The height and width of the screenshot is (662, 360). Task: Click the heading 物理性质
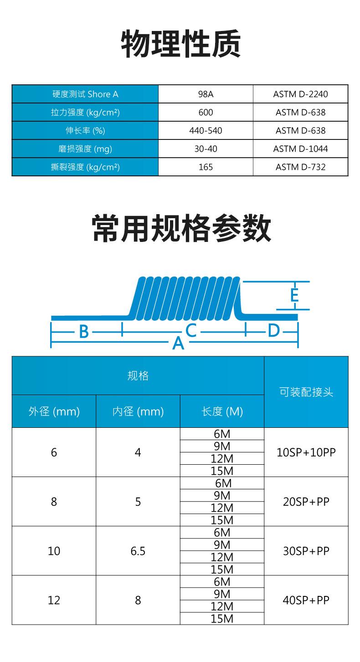coord(180,44)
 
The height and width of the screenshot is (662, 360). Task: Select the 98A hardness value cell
coord(206,94)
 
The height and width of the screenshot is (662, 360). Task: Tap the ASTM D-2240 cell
coord(300,94)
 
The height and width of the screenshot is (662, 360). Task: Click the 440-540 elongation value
coord(206,131)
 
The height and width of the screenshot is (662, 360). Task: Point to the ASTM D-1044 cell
coord(300,149)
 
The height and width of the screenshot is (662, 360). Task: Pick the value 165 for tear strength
coord(206,167)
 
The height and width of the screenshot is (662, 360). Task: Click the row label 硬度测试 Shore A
coord(85,94)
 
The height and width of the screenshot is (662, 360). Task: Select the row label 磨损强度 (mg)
coord(85,149)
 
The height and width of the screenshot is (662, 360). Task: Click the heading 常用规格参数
coord(181,229)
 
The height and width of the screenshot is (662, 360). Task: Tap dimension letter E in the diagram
coord(294,295)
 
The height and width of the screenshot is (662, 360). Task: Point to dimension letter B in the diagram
coord(84,332)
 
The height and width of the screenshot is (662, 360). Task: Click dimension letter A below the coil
coord(178,343)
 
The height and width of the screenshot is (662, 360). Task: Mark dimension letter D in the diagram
coord(273,330)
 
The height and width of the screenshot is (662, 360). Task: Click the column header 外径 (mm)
coord(54,411)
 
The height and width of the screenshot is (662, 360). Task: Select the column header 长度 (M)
coord(222,411)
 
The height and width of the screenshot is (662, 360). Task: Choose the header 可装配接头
coord(306,392)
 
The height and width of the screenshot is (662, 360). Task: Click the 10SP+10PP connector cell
coord(306,452)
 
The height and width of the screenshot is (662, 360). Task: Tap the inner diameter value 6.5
coord(138,551)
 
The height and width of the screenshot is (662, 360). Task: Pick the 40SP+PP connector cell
coord(306,600)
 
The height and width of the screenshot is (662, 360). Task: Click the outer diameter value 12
coord(54,600)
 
